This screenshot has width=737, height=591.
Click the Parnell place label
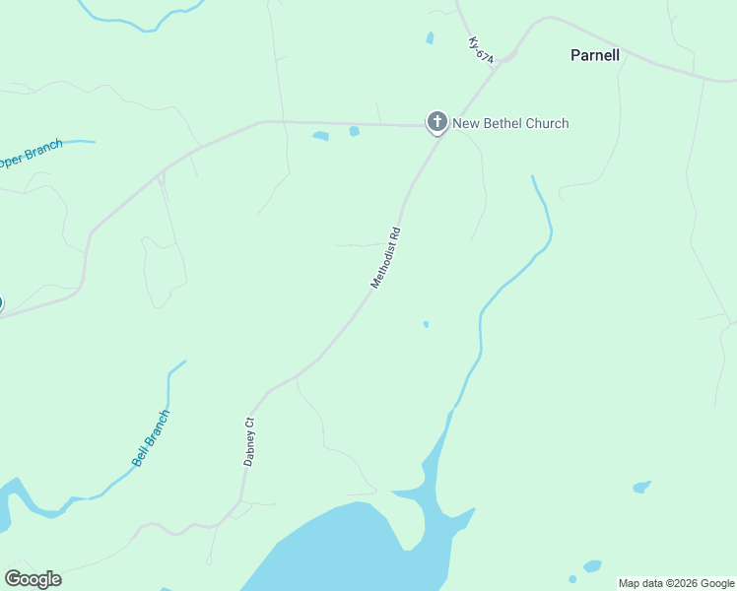595,55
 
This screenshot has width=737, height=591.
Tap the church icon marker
436,122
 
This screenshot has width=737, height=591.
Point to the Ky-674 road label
481,51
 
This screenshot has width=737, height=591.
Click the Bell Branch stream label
151,437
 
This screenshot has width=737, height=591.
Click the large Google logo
33,579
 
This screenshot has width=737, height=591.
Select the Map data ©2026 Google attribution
676,583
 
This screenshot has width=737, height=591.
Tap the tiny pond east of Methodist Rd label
426,324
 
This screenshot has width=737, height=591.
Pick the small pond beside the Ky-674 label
430,38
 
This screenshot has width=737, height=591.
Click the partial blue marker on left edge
1,303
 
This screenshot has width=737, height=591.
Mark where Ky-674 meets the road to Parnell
503,60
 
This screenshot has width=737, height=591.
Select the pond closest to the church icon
354,131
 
